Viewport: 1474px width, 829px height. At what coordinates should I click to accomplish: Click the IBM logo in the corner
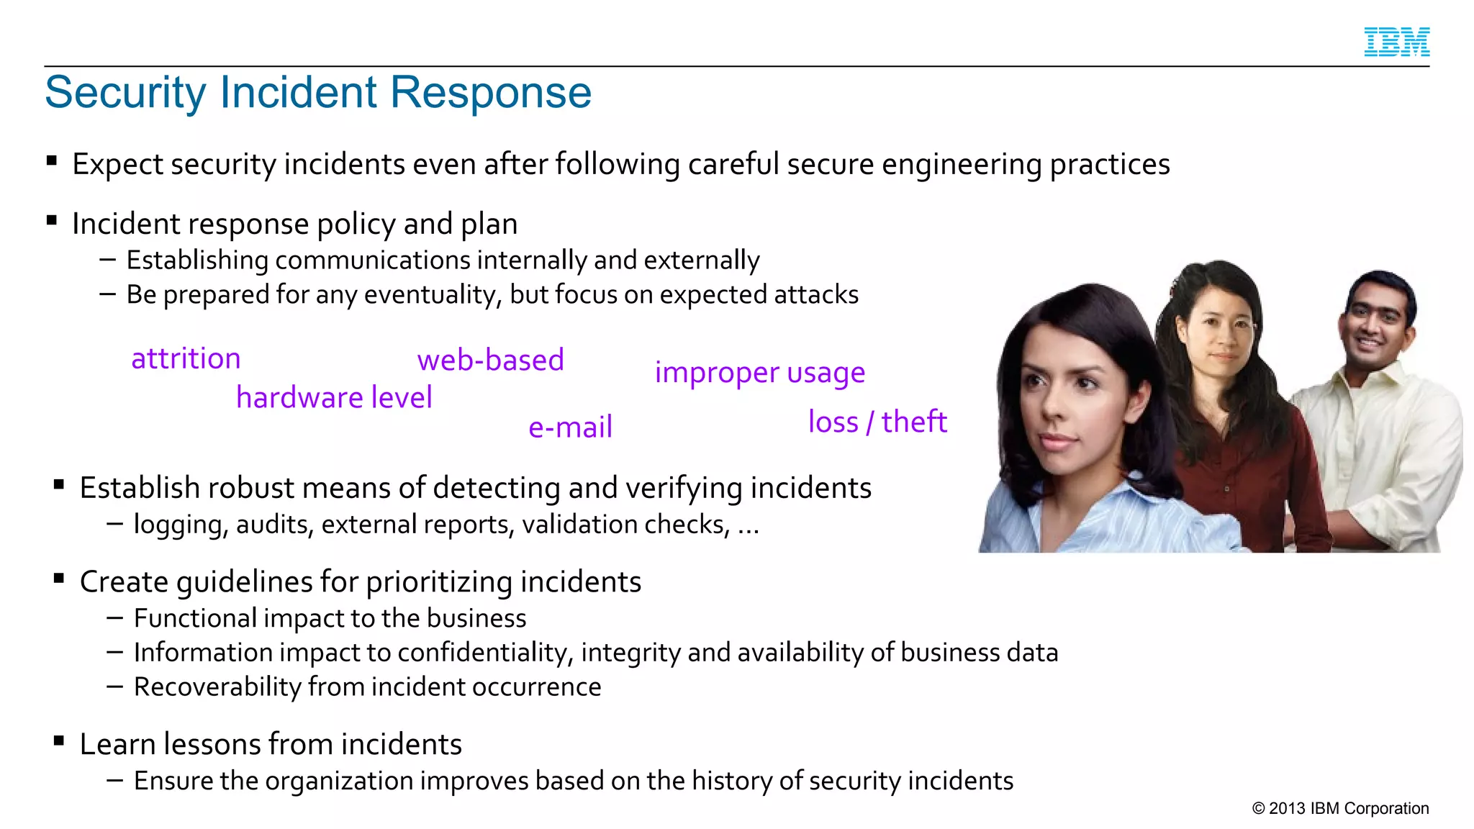[1396, 42]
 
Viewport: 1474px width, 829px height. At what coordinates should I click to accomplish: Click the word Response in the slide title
[490, 93]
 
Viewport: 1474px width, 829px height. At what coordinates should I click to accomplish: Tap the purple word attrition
[186, 358]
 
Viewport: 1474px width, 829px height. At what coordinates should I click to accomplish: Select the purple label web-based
[490, 360]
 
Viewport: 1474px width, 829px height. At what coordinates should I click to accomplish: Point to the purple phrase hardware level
[334, 397]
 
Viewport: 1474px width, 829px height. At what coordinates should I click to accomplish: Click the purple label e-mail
[570, 427]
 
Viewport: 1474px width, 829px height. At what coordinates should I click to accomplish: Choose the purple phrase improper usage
[759, 373]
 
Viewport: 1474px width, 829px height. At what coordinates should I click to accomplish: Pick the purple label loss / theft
[877, 422]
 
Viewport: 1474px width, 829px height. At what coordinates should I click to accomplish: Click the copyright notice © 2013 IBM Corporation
[1340, 808]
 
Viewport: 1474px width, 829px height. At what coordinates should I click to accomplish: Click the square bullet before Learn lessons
[59, 740]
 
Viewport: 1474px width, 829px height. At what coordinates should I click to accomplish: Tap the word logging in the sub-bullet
[181, 525]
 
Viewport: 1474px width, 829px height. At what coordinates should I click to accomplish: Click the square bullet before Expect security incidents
[52, 160]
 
